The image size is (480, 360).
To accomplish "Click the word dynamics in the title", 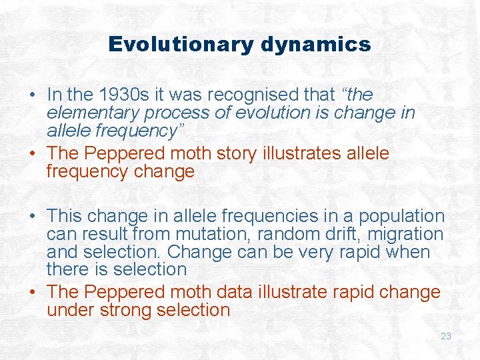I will point(316,45).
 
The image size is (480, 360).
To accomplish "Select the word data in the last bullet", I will point(243,292).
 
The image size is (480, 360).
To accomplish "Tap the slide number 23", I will point(446,336).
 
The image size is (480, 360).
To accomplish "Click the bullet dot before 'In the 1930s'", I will point(33,95).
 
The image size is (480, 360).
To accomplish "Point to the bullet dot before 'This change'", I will point(33,217).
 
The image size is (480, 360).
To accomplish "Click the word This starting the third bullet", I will point(64,217).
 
